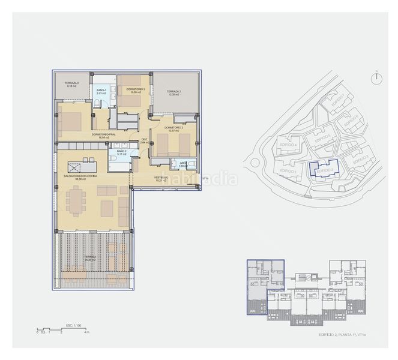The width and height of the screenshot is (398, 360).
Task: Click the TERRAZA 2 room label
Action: (64, 83)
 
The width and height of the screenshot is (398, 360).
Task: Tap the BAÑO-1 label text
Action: (101, 90)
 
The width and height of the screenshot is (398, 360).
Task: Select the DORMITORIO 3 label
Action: (131, 90)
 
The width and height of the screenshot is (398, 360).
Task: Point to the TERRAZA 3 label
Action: (174, 92)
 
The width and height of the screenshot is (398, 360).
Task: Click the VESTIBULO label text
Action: (161, 178)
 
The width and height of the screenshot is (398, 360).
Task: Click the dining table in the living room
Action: (76, 200)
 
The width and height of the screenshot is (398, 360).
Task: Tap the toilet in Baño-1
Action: (96, 104)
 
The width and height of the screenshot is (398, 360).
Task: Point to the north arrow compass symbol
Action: (376, 79)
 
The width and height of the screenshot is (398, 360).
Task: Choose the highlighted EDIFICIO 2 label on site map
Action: (324, 170)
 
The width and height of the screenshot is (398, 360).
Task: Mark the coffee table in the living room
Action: (107, 208)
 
